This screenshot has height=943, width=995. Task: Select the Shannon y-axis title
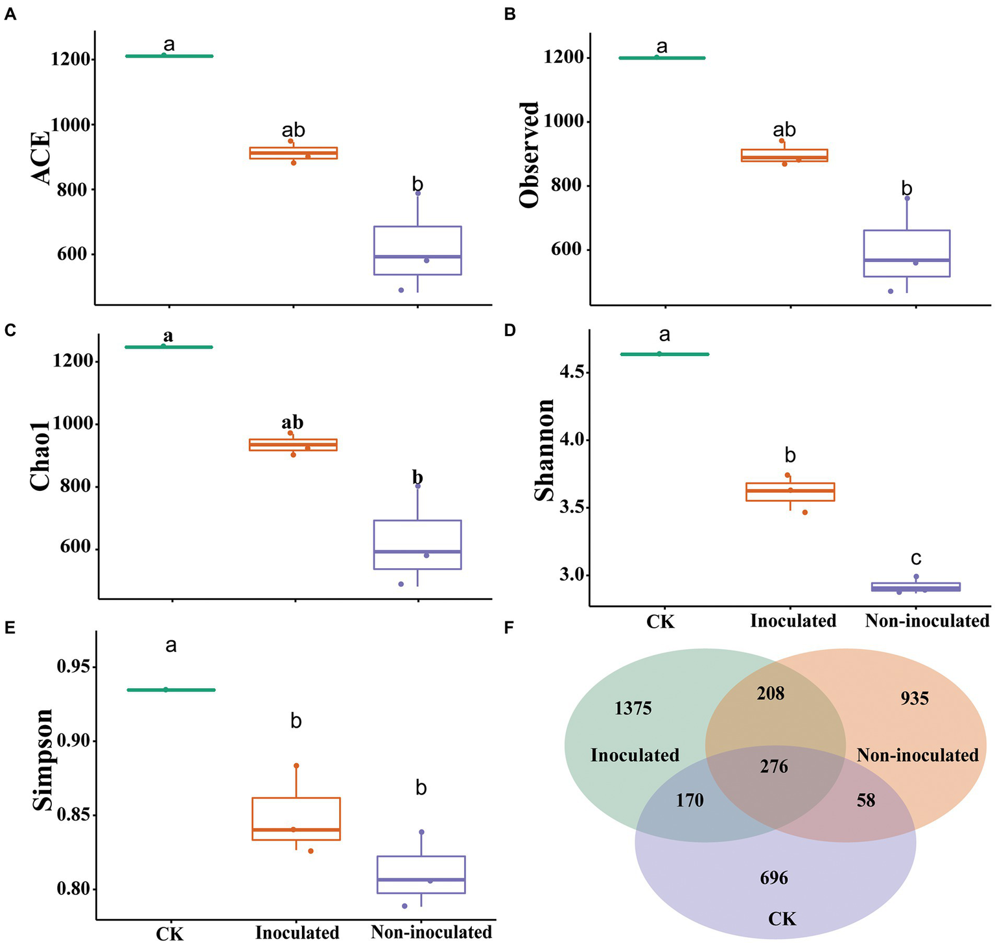tap(544, 450)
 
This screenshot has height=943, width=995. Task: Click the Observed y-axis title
tap(530, 154)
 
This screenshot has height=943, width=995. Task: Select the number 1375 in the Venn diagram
tap(633, 708)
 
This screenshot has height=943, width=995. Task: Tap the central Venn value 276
tap(774, 767)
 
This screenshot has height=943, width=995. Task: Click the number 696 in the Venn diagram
tap(774, 878)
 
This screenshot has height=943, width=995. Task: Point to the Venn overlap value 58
tap(865, 800)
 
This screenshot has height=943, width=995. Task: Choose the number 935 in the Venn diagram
tap(915, 698)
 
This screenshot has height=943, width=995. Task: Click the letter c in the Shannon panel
tap(915, 558)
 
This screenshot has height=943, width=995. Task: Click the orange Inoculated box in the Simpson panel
tap(296, 818)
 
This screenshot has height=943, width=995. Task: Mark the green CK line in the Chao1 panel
tap(169, 347)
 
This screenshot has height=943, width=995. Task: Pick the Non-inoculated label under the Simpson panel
tap(431, 932)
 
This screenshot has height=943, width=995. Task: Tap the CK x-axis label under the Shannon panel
tap(661, 622)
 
